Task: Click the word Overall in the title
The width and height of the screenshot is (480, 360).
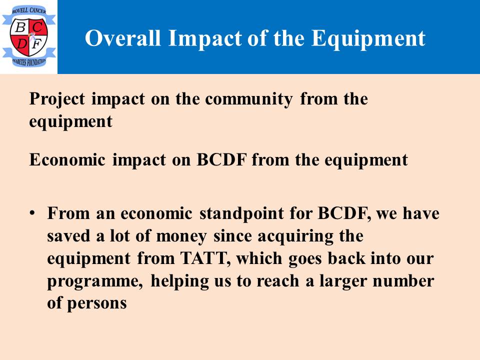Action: tap(123, 38)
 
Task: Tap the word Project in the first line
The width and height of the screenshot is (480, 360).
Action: tap(57, 99)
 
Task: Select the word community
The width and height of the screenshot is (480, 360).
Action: tap(249, 99)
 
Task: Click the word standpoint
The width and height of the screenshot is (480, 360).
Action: tap(241, 213)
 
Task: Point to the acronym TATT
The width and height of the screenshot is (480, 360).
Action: tap(203, 258)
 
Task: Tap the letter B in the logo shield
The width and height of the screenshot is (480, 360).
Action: tap(20, 27)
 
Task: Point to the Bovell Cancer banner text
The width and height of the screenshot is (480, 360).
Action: tap(29, 10)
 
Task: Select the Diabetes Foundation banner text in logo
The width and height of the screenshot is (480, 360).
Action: tap(29, 62)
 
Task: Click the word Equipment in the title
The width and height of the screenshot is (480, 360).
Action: tap(368, 39)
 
